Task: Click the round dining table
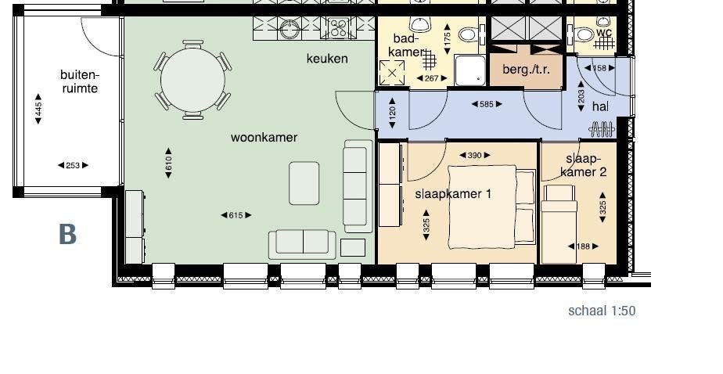click(x=192, y=80)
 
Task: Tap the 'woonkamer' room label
click(x=264, y=138)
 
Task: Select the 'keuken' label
click(x=327, y=59)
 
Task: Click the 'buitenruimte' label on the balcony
click(x=80, y=81)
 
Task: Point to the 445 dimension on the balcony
click(x=38, y=109)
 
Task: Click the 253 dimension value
click(x=73, y=165)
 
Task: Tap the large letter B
click(x=67, y=234)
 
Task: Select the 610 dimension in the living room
click(x=168, y=164)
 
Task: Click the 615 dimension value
click(x=236, y=215)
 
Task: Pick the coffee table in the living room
click(x=304, y=183)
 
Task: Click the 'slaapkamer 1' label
click(x=453, y=194)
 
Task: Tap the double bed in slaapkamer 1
click(x=491, y=207)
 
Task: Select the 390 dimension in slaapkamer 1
click(x=474, y=156)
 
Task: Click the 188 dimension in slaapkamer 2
click(x=583, y=246)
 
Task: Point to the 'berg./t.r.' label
click(x=526, y=70)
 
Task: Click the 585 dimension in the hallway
click(x=487, y=104)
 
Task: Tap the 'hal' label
click(x=600, y=106)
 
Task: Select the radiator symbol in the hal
click(x=602, y=129)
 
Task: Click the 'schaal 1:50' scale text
click(x=602, y=311)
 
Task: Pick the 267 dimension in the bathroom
click(x=431, y=78)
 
